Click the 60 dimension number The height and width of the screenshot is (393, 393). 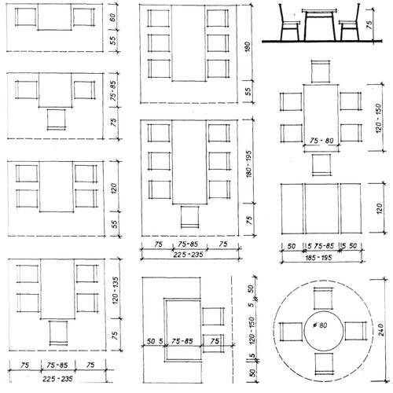pyautogui.click(x=112, y=17)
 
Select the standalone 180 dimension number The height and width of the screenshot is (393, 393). pyautogui.click(x=248, y=46)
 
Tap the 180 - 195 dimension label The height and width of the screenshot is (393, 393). pyautogui.click(x=249, y=163)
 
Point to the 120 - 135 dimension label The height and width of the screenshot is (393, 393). pyautogui.click(x=116, y=291)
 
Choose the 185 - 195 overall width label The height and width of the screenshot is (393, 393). pyautogui.click(x=318, y=258)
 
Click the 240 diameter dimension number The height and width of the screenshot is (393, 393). pyautogui.click(x=381, y=329)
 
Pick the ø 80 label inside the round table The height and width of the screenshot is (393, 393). pyautogui.click(x=321, y=325)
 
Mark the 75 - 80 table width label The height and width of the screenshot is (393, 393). pyautogui.click(x=321, y=141)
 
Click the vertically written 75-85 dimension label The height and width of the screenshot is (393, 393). pyautogui.click(x=113, y=89)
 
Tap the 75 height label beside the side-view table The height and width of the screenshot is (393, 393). pyautogui.click(x=369, y=24)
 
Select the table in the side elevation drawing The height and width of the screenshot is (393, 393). pyautogui.click(x=319, y=25)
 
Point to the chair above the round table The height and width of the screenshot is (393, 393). pyautogui.click(x=324, y=298)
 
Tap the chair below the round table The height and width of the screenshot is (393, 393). pyautogui.click(x=325, y=364)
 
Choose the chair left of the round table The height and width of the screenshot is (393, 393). pyautogui.click(x=291, y=332)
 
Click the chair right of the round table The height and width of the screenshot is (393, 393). pyautogui.click(x=355, y=331)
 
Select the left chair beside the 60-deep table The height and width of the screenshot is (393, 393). pyautogui.click(x=25, y=17)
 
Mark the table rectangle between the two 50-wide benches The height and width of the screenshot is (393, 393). pyautogui.click(x=321, y=208)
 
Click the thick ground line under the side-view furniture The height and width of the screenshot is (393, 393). pyautogui.click(x=322, y=41)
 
